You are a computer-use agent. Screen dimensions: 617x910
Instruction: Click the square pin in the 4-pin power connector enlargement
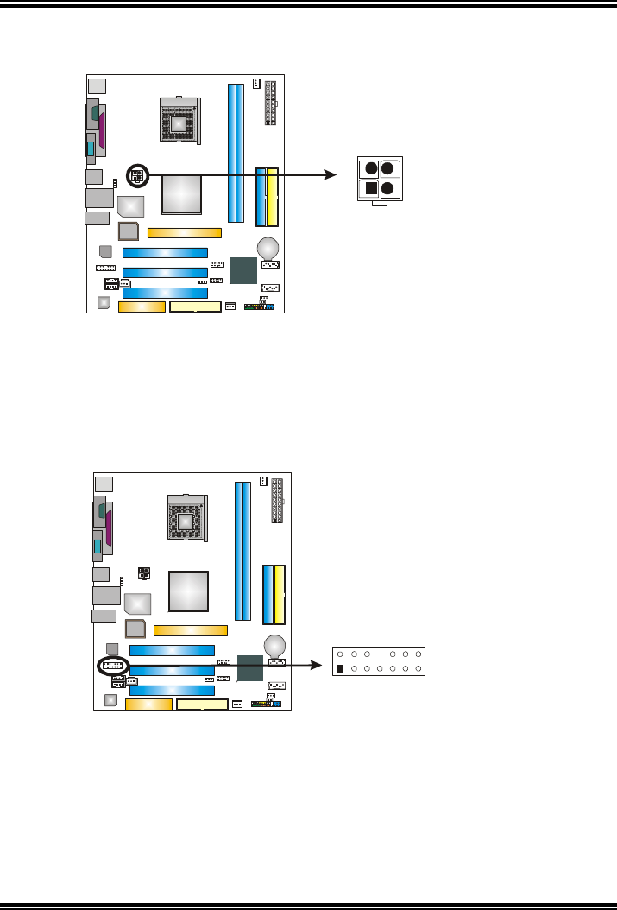370,188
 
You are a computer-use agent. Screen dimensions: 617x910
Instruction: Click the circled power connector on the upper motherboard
136,175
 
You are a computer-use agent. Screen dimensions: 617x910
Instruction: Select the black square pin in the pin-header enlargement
340,669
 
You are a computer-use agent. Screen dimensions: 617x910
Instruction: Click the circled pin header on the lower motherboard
112,667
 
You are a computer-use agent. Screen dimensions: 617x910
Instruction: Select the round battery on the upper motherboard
269,248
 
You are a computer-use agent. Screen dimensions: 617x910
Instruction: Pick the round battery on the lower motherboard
275,644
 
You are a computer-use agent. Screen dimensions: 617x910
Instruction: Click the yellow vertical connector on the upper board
274,195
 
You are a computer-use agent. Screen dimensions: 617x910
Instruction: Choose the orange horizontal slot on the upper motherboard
185,232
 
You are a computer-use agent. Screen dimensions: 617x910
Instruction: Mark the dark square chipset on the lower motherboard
250,670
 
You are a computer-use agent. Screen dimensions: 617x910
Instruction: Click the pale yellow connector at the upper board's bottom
196,306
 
